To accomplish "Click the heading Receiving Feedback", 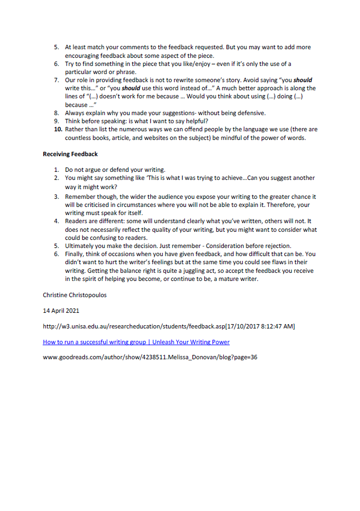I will pyautogui.click(x=70, y=154).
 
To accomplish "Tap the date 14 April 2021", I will pyautogui.click(x=61, y=311).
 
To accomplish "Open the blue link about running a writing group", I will pyautogui.click(x=136, y=342).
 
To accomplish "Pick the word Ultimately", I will pyautogui.click(x=80, y=246).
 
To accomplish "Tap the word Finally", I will pyautogui.click(x=75, y=254).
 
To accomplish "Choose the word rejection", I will pyautogui.click(x=277, y=246).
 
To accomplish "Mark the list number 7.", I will pyautogui.click(x=57, y=80).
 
